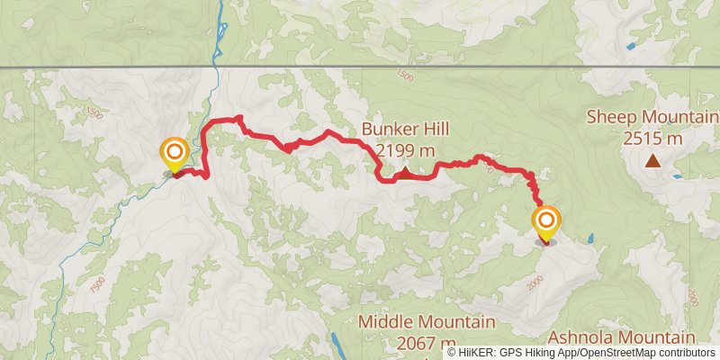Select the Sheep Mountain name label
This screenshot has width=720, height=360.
pyautogui.click(x=652, y=117)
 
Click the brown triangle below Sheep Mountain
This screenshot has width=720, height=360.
pyautogui.click(x=652, y=162)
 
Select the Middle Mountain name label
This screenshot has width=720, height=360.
pyautogui.click(x=427, y=321)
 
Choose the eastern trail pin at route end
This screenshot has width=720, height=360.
pyautogui.click(x=545, y=222)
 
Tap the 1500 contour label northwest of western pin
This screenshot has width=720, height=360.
pyautogui.click(x=95, y=113)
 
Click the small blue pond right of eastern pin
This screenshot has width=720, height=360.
pyautogui.click(x=590, y=239)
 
